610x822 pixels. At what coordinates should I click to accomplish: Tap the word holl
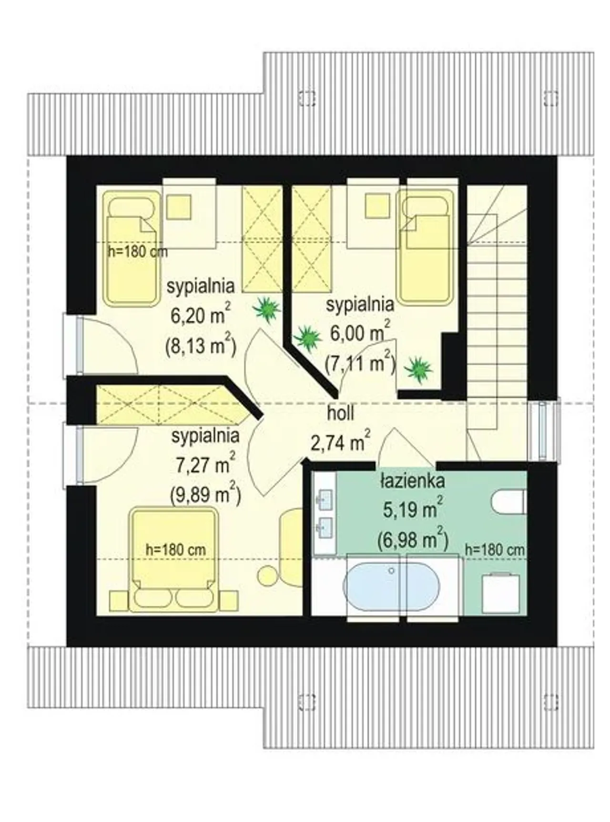coord(340,413)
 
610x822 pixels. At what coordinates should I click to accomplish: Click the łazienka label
coord(413,481)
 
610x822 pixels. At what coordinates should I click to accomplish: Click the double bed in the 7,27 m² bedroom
coord(174,559)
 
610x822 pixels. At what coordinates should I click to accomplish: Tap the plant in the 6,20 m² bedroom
coord(267,310)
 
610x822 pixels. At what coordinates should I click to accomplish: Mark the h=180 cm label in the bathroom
coord(495,550)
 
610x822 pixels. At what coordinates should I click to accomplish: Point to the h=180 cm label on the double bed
coord(176,550)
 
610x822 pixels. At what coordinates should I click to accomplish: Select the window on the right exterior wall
coord(544,430)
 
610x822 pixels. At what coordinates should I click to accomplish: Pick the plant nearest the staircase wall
coord(418,369)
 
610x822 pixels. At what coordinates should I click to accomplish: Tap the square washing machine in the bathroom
coord(500,593)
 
